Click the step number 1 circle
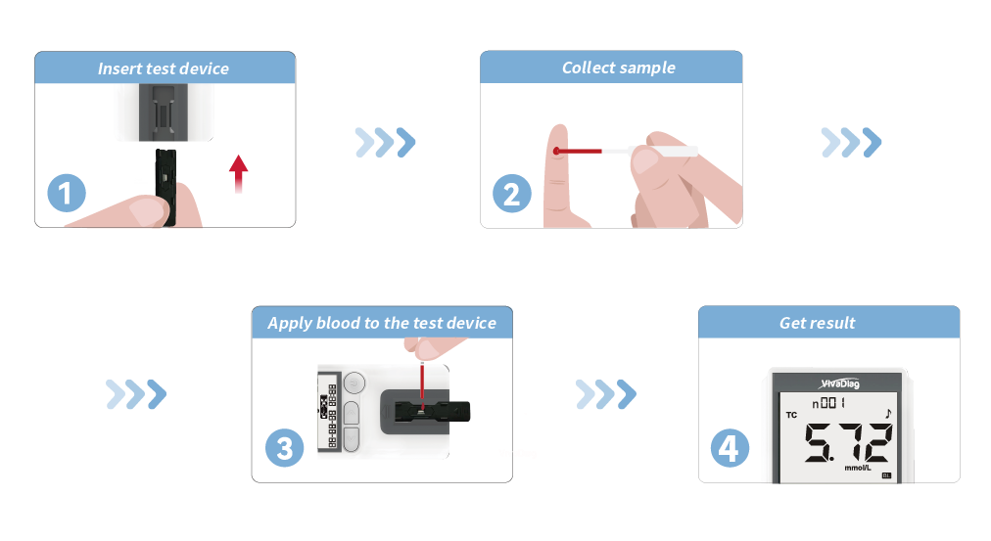click(67, 194)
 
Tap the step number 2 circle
click(511, 194)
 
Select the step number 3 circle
click(284, 448)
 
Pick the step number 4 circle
click(729, 448)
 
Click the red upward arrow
click(238, 173)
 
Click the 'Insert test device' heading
click(164, 68)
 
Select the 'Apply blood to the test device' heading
click(382, 323)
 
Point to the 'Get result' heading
click(817, 323)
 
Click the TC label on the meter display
click(791, 415)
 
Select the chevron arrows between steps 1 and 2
click(385, 143)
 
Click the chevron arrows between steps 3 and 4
click(606, 394)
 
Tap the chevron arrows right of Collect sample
click(850, 143)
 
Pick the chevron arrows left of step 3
click(136, 394)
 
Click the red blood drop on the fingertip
click(555, 151)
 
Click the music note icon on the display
click(888, 414)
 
